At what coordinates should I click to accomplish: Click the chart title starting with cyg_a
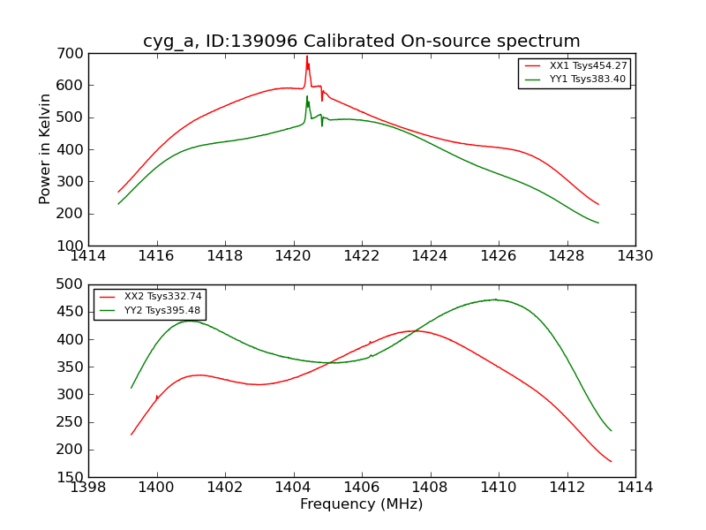pyautogui.click(x=362, y=42)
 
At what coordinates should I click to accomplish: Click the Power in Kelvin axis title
pyautogui.click(x=46, y=149)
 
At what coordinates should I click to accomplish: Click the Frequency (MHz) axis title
pyautogui.click(x=362, y=504)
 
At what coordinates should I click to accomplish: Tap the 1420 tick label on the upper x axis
pyautogui.click(x=294, y=255)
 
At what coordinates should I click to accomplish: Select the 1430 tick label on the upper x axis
pyautogui.click(x=635, y=255)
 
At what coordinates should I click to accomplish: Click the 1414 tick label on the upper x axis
pyautogui.click(x=88, y=255)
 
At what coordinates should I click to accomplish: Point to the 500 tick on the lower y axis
pyautogui.click(x=71, y=284)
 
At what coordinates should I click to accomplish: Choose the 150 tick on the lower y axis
pyautogui.click(x=71, y=478)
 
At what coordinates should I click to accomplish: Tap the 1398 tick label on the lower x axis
pyautogui.click(x=88, y=488)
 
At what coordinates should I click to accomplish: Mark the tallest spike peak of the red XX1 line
pyautogui.click(x=307, y=57)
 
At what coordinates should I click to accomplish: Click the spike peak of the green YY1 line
pyautogui.click(x=307, y=96)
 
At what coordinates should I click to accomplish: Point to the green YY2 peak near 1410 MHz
pyautogui.click(x=497, y=299)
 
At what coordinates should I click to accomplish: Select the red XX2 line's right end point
pyautogui.click(x=611, y=462)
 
